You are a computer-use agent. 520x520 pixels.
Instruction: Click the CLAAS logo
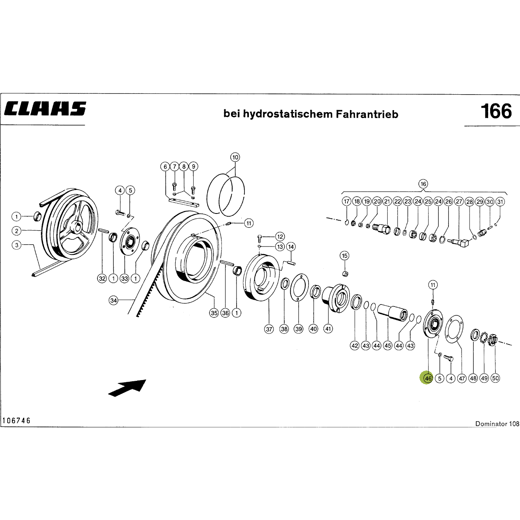45,109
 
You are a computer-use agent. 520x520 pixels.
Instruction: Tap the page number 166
496,111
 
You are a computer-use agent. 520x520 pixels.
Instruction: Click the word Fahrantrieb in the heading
367,114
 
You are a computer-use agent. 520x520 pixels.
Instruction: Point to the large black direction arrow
127,388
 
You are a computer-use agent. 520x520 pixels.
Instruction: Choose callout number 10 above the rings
235,157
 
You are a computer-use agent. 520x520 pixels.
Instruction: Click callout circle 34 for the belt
113,300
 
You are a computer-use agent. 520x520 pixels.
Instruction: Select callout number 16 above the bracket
423,184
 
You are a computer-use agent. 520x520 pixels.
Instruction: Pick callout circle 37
269,329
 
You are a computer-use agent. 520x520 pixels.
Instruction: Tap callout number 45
388,346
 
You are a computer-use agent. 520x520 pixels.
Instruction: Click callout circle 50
495,378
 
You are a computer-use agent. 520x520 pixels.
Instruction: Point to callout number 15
344,256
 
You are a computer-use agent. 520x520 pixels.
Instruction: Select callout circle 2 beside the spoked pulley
16,231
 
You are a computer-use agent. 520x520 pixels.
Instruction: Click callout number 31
500,202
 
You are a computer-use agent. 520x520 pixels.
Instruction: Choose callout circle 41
328,329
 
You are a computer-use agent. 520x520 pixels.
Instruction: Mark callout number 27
459,202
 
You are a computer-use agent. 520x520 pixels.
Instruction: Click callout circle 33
124,278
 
